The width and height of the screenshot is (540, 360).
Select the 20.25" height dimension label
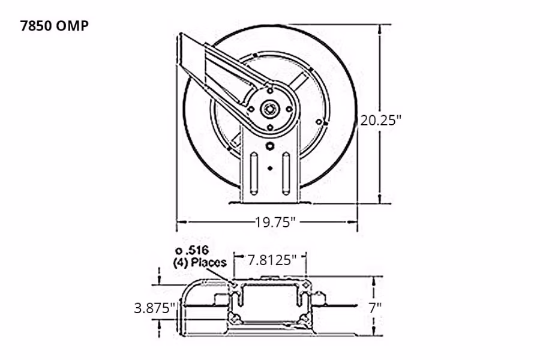click(x=380, y=119)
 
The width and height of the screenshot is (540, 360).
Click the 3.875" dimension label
click(x=155, y=308)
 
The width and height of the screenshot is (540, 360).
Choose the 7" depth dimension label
click(x=375, y=308)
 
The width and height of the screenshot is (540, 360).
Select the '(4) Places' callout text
click(x=200, y=262)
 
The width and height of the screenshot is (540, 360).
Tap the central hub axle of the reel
click(x=269, y=109)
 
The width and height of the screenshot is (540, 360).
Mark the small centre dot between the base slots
click(x=270, y=168)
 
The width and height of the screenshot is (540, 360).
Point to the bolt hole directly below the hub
click(x=269, y=127)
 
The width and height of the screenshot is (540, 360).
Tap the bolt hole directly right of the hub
click(x=289, y=109)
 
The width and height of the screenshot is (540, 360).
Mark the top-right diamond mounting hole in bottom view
click(x=305, y=284)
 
